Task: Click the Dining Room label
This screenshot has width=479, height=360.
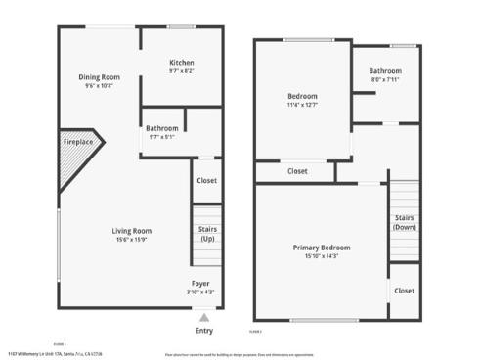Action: point(100,76)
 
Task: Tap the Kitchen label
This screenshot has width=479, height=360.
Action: point(182,62)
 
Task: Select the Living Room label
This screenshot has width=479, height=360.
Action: point(130,231)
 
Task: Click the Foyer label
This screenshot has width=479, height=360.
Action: point(200,283)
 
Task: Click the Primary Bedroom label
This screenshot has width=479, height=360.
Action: point(322,247)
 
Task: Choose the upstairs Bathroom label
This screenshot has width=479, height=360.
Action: point(385,71)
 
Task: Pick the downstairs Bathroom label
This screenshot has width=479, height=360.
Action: point(162,128)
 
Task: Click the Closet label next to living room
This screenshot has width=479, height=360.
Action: point(206,180)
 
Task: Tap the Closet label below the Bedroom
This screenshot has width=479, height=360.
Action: point(297,171)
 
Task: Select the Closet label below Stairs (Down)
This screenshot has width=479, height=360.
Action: point(404,291)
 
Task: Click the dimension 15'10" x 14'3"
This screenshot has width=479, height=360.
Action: point(322,257)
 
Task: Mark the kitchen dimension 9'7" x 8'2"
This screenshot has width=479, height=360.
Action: point(182,70)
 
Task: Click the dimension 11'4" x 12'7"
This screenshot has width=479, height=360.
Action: point(303,105)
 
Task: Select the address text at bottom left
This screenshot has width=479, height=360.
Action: point(54,352)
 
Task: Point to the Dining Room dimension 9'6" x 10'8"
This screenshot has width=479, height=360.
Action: point(100,86)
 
